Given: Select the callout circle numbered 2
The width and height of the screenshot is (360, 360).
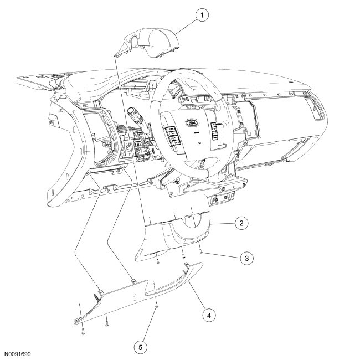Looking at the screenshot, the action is click(241, 223).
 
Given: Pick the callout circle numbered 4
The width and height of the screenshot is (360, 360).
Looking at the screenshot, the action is click(208, 315).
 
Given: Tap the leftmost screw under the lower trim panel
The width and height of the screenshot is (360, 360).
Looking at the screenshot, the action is click(82, 329).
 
